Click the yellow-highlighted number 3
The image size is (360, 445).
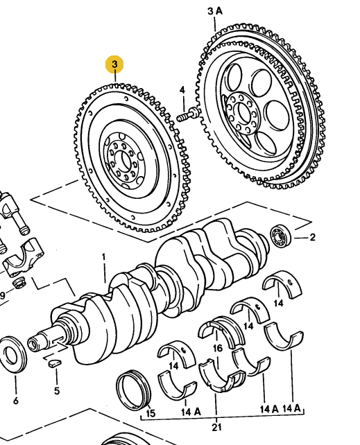click(114, 65)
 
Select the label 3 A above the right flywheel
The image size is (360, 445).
click(215, 11)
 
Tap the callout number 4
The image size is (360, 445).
click(182, 91)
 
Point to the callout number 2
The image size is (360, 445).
click(312, 238)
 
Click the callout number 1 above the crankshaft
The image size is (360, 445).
click(104, 258)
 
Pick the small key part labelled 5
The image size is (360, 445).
click(53, 360)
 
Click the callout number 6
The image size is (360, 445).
click(15, 401)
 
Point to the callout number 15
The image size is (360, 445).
click(150, 414)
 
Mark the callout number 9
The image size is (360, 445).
click(2, 296)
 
